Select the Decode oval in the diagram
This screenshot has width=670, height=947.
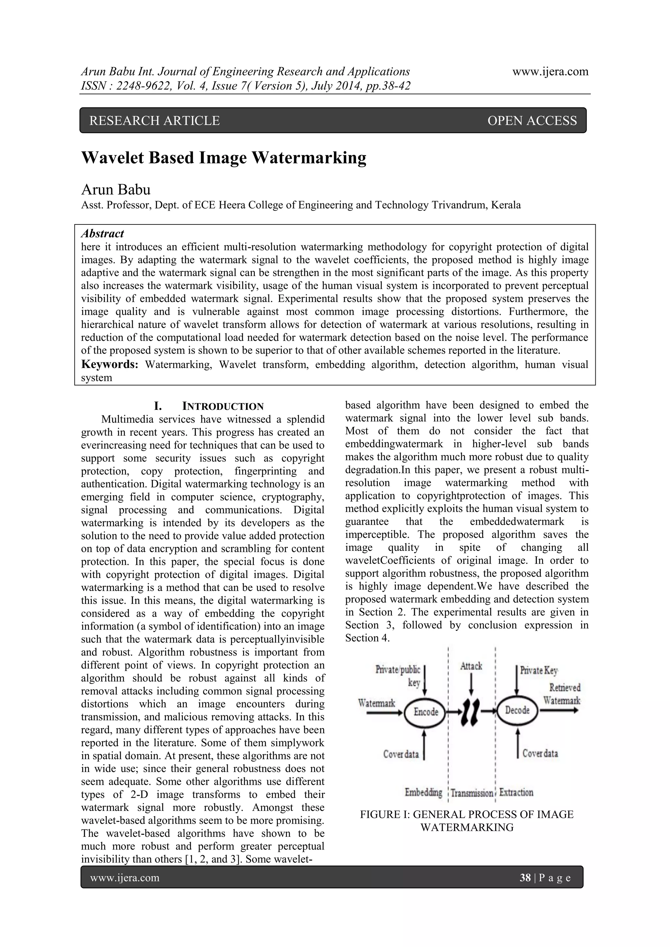coord(517,710)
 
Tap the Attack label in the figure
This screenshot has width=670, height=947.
coord(471,666)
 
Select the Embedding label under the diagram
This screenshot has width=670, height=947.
coord(423,792)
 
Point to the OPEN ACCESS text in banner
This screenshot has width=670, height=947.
coord(532,120)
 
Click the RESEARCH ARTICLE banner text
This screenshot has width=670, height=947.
coord(154,120)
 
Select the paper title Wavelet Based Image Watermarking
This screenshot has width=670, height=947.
coord(224,158)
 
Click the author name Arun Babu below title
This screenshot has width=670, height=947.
coord(115,189)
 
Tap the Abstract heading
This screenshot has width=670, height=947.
coord(102,234)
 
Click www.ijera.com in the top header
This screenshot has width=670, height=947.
coord(550,71)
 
